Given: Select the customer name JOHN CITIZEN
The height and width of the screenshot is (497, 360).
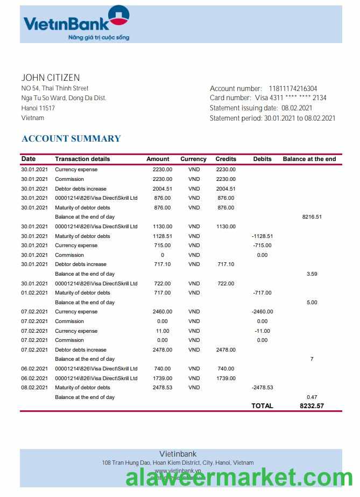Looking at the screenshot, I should pos(51,78).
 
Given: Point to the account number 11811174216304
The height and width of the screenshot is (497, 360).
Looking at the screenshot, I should pos(293,89).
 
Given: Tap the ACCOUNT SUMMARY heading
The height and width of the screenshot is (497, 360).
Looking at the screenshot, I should pos(71,138).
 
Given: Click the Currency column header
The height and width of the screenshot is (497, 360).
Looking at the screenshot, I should pos(193,159).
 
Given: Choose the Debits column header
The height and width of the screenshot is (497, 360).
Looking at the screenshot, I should pos(262,159).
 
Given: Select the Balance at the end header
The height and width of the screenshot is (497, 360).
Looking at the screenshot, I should pos(309,159).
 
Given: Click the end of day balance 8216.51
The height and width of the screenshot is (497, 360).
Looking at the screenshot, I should pos(312,217).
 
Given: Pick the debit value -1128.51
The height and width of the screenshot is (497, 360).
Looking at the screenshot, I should pos(262,236).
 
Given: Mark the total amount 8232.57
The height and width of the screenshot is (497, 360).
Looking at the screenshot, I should pos(312,406).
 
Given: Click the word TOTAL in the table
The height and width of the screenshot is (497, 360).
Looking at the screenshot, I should pos(262,406).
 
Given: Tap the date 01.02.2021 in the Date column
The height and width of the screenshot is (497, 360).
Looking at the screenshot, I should pos(34,293).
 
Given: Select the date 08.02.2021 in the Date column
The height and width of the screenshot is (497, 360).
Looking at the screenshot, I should pos(34,388).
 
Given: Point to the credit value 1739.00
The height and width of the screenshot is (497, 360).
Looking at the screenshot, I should pos(225,379).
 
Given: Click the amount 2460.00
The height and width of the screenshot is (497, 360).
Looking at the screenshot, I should pos(162,312).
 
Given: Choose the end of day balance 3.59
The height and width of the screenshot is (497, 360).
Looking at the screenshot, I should pos(312,274).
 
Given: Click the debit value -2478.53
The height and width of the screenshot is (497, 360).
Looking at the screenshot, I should pos(262,388).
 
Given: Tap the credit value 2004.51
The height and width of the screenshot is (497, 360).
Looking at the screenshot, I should pos(225,189).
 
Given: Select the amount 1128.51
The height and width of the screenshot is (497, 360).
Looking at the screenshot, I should pos(162,236).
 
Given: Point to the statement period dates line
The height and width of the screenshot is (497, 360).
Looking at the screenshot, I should pos(272,118).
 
